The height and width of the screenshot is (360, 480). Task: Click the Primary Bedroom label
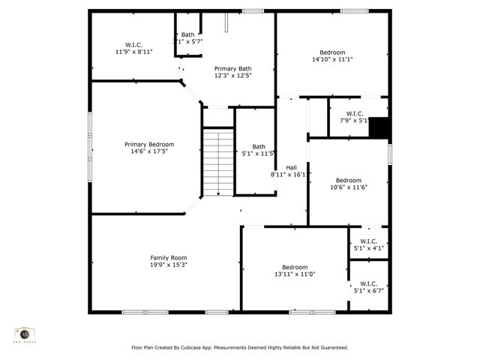(149, 144)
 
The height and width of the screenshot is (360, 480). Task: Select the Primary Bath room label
(232, 67)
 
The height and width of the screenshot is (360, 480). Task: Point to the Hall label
(291, 166)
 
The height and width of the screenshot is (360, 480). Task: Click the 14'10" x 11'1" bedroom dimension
(332, 59)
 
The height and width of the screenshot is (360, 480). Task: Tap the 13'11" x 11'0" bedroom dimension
(295, 274)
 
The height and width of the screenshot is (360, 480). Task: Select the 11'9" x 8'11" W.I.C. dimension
(133, 52)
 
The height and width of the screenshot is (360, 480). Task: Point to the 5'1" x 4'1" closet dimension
(369, 247)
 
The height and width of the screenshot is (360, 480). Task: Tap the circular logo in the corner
(25, 334)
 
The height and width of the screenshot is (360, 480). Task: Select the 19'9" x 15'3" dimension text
(168, 264)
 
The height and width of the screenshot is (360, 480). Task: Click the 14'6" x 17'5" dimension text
(149, 151)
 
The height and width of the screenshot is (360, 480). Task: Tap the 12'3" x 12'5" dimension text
(232, 75)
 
